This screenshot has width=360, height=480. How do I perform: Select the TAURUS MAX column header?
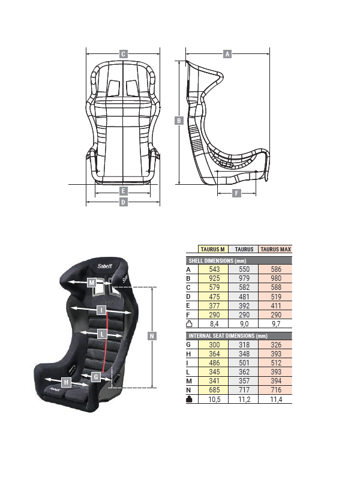click(x=275, y=249)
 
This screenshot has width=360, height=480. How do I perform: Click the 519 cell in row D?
click(x=275, y=296)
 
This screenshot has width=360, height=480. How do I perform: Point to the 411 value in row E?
click(x=275, y=305)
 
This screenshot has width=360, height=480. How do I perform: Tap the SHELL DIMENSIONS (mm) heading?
click(x=218, y=260)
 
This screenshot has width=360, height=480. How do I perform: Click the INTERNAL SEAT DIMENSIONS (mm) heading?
click(x=228, y=335)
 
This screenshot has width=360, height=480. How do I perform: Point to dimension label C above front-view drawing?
click(x=123, y=54)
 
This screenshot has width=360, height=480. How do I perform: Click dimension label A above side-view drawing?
click(x=227, y=54)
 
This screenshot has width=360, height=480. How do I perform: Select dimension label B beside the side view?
click(x=178, y=121)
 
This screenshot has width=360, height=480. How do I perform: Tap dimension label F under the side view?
click(x=236, y=193)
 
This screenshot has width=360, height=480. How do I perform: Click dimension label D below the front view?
click(x=123, y=202)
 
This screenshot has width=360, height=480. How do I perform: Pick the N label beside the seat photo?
click(x=152, y=336)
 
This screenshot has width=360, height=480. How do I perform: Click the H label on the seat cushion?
click(x=66, y=382)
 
